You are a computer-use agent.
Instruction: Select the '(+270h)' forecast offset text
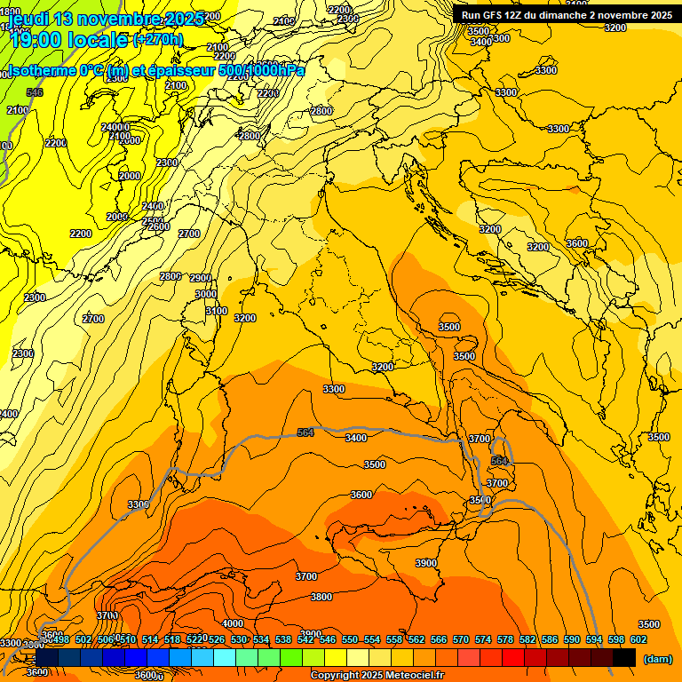(x=158, y=39)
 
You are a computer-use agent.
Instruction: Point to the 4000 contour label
(x=233, y=623)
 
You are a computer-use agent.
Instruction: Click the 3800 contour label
(x=321, y=597)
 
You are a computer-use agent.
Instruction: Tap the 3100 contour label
(x=217, y=311)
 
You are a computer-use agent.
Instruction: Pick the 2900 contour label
(x=201, y=278)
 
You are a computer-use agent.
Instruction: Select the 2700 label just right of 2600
(x=189, y=234)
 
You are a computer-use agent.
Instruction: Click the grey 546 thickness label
(x=35, y=92)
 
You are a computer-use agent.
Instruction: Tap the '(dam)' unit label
(x=657, y=659)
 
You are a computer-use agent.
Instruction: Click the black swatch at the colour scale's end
(x=624, y=657)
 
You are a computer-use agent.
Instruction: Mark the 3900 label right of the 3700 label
(x=426, y=563)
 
